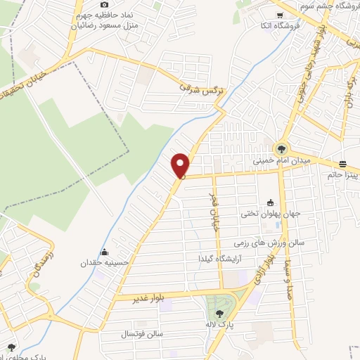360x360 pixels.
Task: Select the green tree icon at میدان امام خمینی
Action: click(281, 148)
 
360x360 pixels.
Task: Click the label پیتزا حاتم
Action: click(343, 174)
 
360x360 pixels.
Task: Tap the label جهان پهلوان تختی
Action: click(271, 214)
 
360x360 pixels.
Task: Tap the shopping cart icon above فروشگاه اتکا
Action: click(280, 15)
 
